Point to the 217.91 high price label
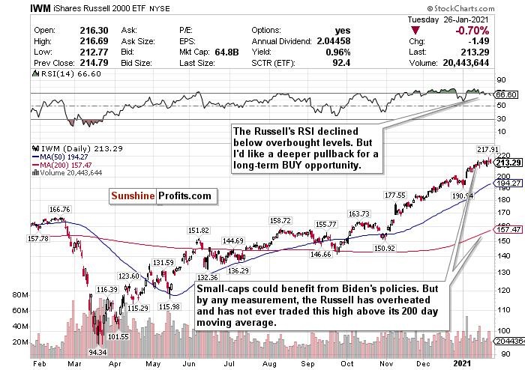pyautogui.click(x=488, y=149)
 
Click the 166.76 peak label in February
pyautogui.click(x=61, y=210)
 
